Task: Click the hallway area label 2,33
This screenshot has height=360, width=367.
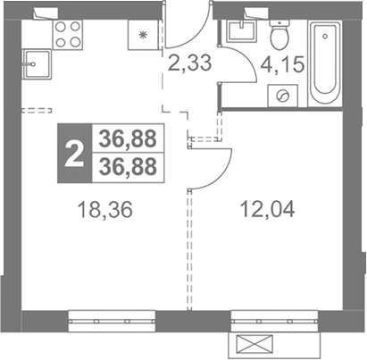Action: point(189,63)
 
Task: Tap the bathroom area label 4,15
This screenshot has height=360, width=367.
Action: point(282,64)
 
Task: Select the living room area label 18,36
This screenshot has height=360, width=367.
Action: point(104,210)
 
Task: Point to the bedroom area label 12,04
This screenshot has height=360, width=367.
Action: point(267,209)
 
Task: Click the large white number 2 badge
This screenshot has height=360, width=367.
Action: point(74,153)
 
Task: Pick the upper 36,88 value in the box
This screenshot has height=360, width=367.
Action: point(128,138)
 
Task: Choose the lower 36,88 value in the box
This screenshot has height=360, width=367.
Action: point(128,167)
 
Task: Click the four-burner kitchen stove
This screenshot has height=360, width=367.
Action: point(68,35)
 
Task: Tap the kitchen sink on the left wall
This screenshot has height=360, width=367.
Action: point(36,64)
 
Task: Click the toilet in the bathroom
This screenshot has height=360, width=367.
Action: point(279,35)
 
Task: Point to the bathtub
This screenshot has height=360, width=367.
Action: point(325,63)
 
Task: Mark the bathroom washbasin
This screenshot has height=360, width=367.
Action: point(242,31)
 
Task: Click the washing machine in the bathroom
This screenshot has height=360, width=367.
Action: point(283,96)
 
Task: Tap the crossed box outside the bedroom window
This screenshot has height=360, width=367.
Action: point(254,345)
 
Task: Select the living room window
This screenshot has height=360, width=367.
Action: point(112,321)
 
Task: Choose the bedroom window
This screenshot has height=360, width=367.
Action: point(274,321)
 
